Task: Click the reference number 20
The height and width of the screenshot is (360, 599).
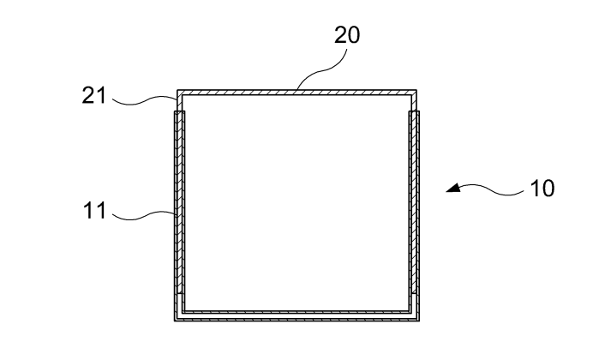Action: click(347, 35)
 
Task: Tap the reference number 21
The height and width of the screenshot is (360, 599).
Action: click(93, 95)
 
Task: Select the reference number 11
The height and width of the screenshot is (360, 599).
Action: click(94, 210)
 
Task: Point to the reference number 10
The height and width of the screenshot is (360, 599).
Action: click(542, 189)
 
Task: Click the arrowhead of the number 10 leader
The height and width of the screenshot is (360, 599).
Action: click(453, 187)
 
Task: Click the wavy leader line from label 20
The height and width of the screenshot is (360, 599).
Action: click(324, 69)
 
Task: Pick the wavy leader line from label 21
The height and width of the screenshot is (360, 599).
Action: click(145, 100)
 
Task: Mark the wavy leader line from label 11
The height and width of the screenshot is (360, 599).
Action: click(144, 216)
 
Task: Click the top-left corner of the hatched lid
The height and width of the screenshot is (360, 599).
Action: click(177, 90)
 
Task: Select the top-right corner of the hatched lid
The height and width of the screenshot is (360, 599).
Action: click(416, 90)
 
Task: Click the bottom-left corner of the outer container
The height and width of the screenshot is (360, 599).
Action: click(175, 321)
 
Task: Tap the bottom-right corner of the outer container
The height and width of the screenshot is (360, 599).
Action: click(419, 321)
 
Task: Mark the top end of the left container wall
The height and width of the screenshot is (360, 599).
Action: click(180, 111)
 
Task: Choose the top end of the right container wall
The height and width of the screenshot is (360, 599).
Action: click(414, 111)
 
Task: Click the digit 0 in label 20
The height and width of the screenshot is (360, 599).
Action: click(353, 35)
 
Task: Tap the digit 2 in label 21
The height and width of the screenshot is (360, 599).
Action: click(88, 95)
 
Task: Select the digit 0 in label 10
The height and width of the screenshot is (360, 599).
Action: click(548, 189)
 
